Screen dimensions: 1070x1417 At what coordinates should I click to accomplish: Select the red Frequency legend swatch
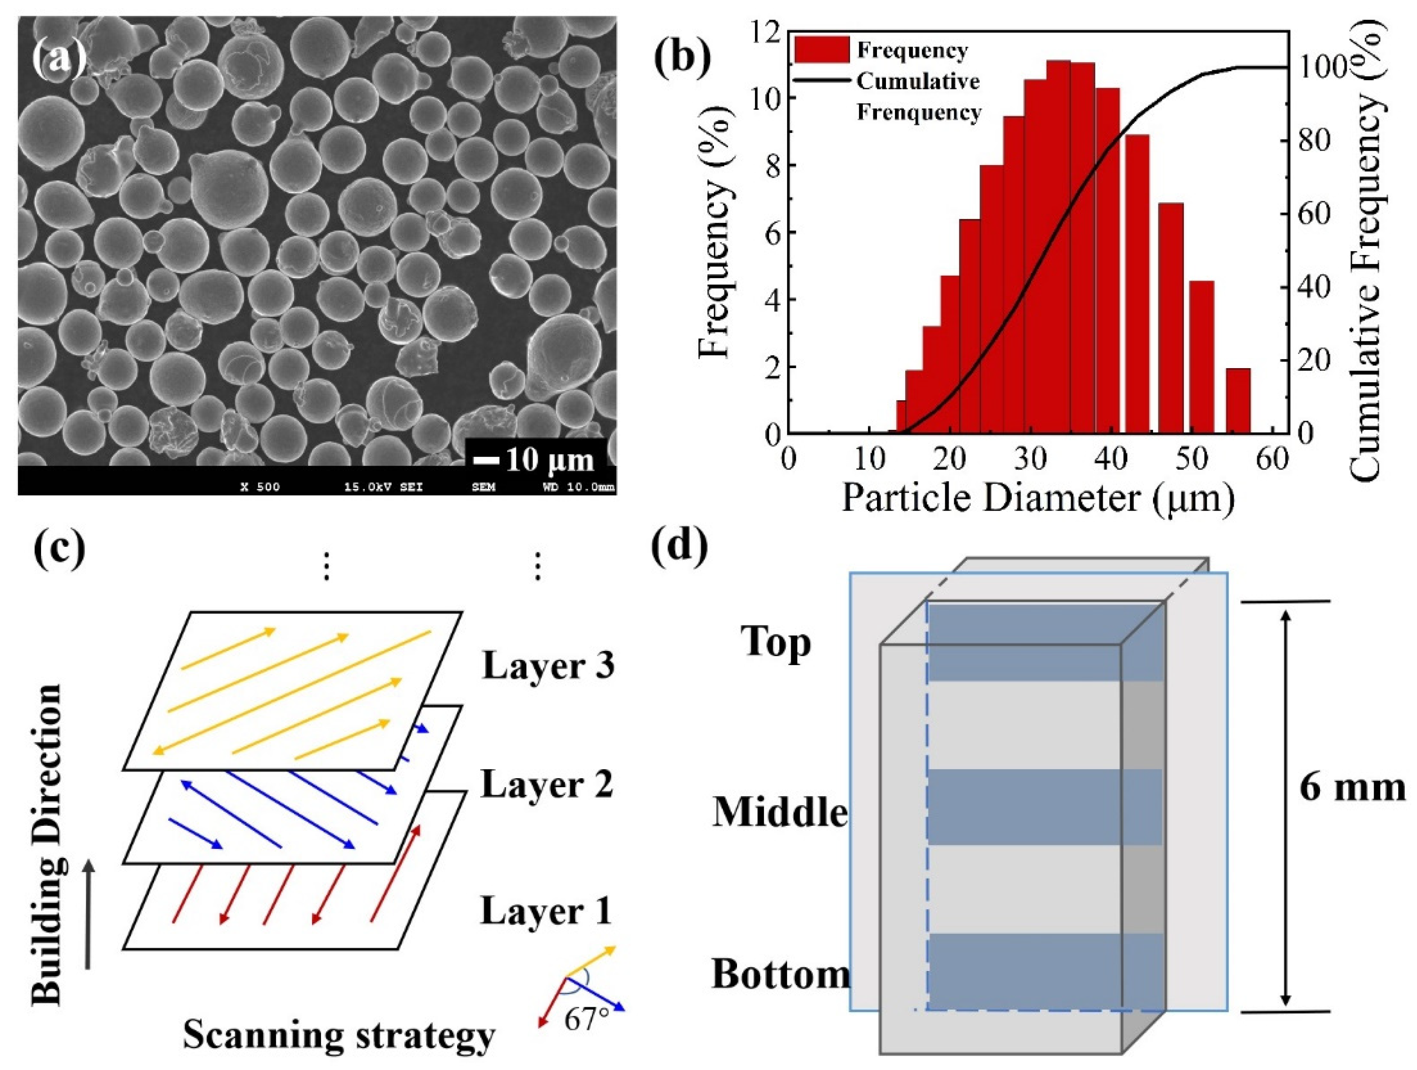coord(822,49)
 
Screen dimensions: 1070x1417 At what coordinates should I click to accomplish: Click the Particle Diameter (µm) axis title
coord(1037,498)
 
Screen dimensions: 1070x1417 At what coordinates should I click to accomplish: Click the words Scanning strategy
coord(339,1036)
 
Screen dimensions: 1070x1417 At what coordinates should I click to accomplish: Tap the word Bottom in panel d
coord(781,974)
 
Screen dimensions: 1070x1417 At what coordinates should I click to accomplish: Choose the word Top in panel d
coord(776,642)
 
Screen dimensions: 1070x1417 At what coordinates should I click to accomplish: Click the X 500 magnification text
coord(260,487)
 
